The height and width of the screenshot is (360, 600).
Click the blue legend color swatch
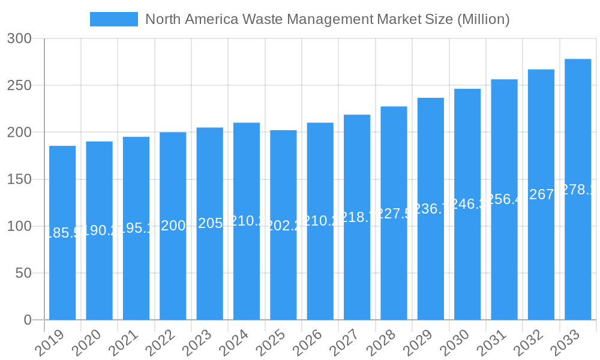113,19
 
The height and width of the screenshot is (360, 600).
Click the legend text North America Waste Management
327,19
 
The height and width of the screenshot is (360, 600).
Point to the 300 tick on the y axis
23,38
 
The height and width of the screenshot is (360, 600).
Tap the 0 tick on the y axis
28,320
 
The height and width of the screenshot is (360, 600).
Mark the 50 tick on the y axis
23,273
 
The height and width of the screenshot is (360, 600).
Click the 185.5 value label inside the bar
62,233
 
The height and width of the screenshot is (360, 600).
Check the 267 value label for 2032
541,194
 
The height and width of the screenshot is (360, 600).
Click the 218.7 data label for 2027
357,217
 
